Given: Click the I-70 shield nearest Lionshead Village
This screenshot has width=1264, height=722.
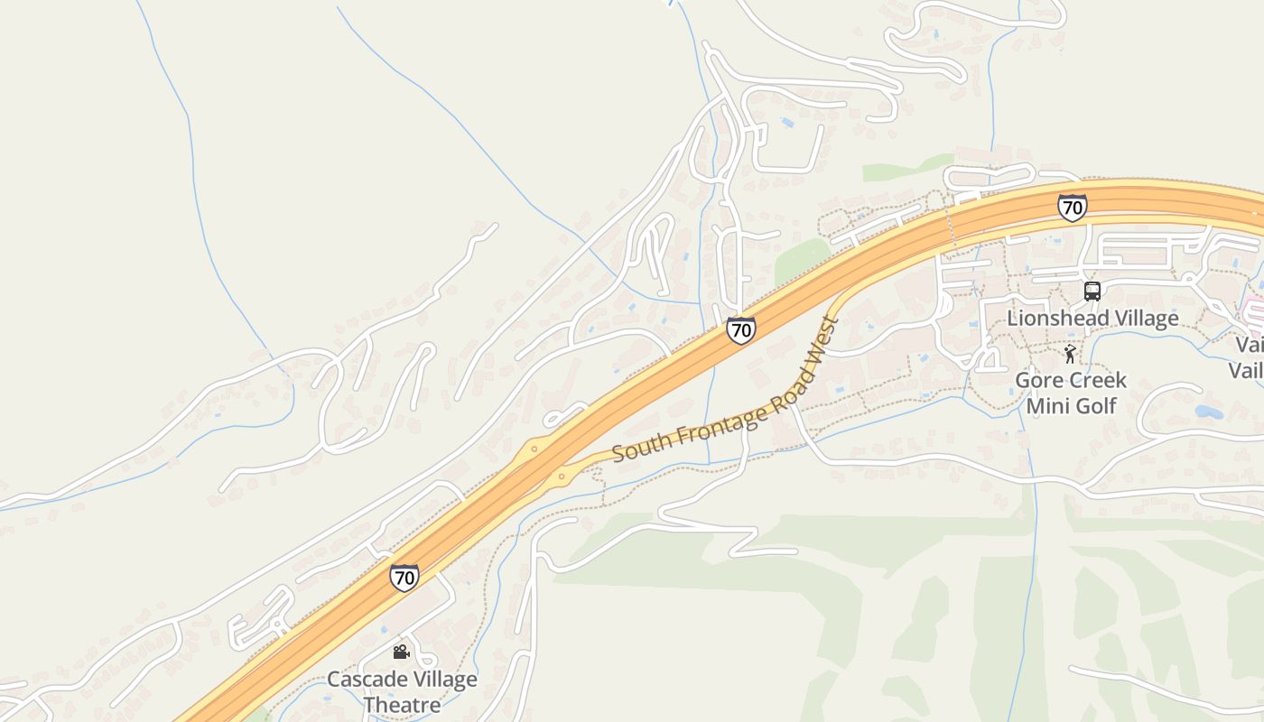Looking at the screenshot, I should (x=1072, y=208).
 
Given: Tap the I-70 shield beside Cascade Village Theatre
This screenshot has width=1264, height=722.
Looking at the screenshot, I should (x=404, y=577).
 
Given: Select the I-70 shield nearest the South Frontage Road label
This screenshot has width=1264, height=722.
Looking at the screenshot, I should (x=740, y=330).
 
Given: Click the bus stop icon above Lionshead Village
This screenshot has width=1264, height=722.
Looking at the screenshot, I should (x=1092, y=292).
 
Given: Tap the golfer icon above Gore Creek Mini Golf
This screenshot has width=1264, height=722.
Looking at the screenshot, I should (x=1070, y=354).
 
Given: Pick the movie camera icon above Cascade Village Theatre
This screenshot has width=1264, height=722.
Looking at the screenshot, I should (x=401, y=652).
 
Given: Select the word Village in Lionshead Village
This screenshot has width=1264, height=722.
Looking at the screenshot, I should (x=1146, y=318).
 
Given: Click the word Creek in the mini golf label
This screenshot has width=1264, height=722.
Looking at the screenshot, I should (x=1096, y=380).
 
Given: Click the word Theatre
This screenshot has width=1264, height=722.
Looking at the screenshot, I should (x=403, y=704).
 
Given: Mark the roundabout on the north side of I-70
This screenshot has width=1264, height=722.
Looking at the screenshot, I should (x=534, y=448).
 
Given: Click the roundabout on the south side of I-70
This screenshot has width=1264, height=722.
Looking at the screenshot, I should (x=562, y=476).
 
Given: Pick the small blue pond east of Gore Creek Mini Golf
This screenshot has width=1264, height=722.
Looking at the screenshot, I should (x=1209, y=412).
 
